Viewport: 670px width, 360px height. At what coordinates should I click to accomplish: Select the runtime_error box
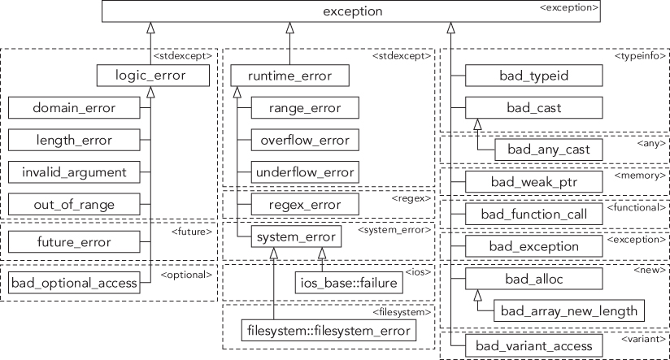pos(289,76)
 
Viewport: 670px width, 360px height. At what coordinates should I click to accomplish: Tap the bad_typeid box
pos(533,76)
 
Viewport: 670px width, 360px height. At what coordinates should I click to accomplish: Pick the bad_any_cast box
pos(543,149)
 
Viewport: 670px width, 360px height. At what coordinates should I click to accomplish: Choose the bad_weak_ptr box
pos(533,180)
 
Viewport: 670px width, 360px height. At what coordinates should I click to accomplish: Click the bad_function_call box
pos(533,214)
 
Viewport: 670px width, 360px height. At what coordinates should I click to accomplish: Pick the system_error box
pos(294,237)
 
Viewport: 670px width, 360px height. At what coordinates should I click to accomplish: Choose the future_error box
pos(73,241)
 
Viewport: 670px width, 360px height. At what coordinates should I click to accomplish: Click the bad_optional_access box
pos(73,283)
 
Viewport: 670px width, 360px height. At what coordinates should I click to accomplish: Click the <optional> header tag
pos(188,274)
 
